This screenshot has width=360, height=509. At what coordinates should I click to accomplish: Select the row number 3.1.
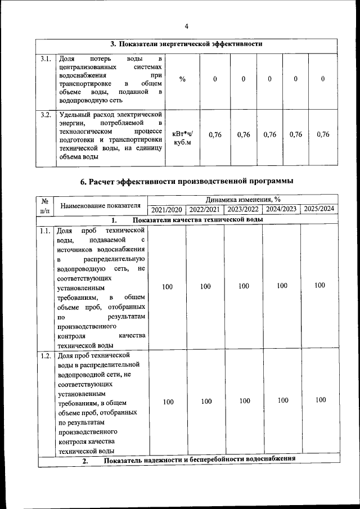46,58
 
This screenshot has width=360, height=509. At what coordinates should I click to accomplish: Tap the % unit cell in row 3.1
182,79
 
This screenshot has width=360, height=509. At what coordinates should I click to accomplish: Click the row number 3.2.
46,115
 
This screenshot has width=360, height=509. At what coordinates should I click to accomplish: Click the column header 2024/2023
281,210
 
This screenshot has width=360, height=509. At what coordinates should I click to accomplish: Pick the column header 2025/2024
319,210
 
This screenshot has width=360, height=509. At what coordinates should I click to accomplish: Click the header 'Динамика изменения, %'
243,200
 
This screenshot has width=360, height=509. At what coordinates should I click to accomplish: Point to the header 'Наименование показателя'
100,205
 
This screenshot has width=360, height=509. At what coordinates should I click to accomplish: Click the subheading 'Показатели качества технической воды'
198,219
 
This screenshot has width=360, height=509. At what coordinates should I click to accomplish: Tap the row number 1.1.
46,231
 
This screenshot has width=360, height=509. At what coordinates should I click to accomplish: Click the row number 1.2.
46,355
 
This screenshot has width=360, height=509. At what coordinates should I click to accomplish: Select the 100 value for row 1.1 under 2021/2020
167,287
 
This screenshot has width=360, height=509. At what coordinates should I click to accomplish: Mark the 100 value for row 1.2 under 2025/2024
320,400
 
